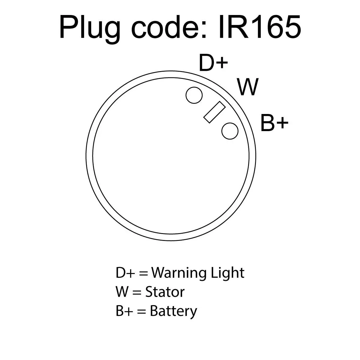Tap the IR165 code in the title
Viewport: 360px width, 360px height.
tap(260, 27)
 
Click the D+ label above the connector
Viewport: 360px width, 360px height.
tap(214, 63)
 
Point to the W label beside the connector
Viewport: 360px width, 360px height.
tap(248, 87)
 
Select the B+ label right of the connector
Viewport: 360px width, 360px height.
tap(274, 123)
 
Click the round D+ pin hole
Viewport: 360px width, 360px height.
tap(194, 95)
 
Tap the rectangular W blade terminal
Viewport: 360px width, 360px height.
tap(214, 112)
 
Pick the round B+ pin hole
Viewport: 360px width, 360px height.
tap(230, 131)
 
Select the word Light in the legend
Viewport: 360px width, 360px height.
tap(227, 273)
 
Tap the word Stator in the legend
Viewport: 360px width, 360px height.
tap(165, 292)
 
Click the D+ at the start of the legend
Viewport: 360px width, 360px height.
tap(125, 273)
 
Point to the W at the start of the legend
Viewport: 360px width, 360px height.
tap(122, 292)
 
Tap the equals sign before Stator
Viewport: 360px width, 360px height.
tap(137, 293)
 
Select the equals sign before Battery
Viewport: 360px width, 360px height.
tap(141, 312)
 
